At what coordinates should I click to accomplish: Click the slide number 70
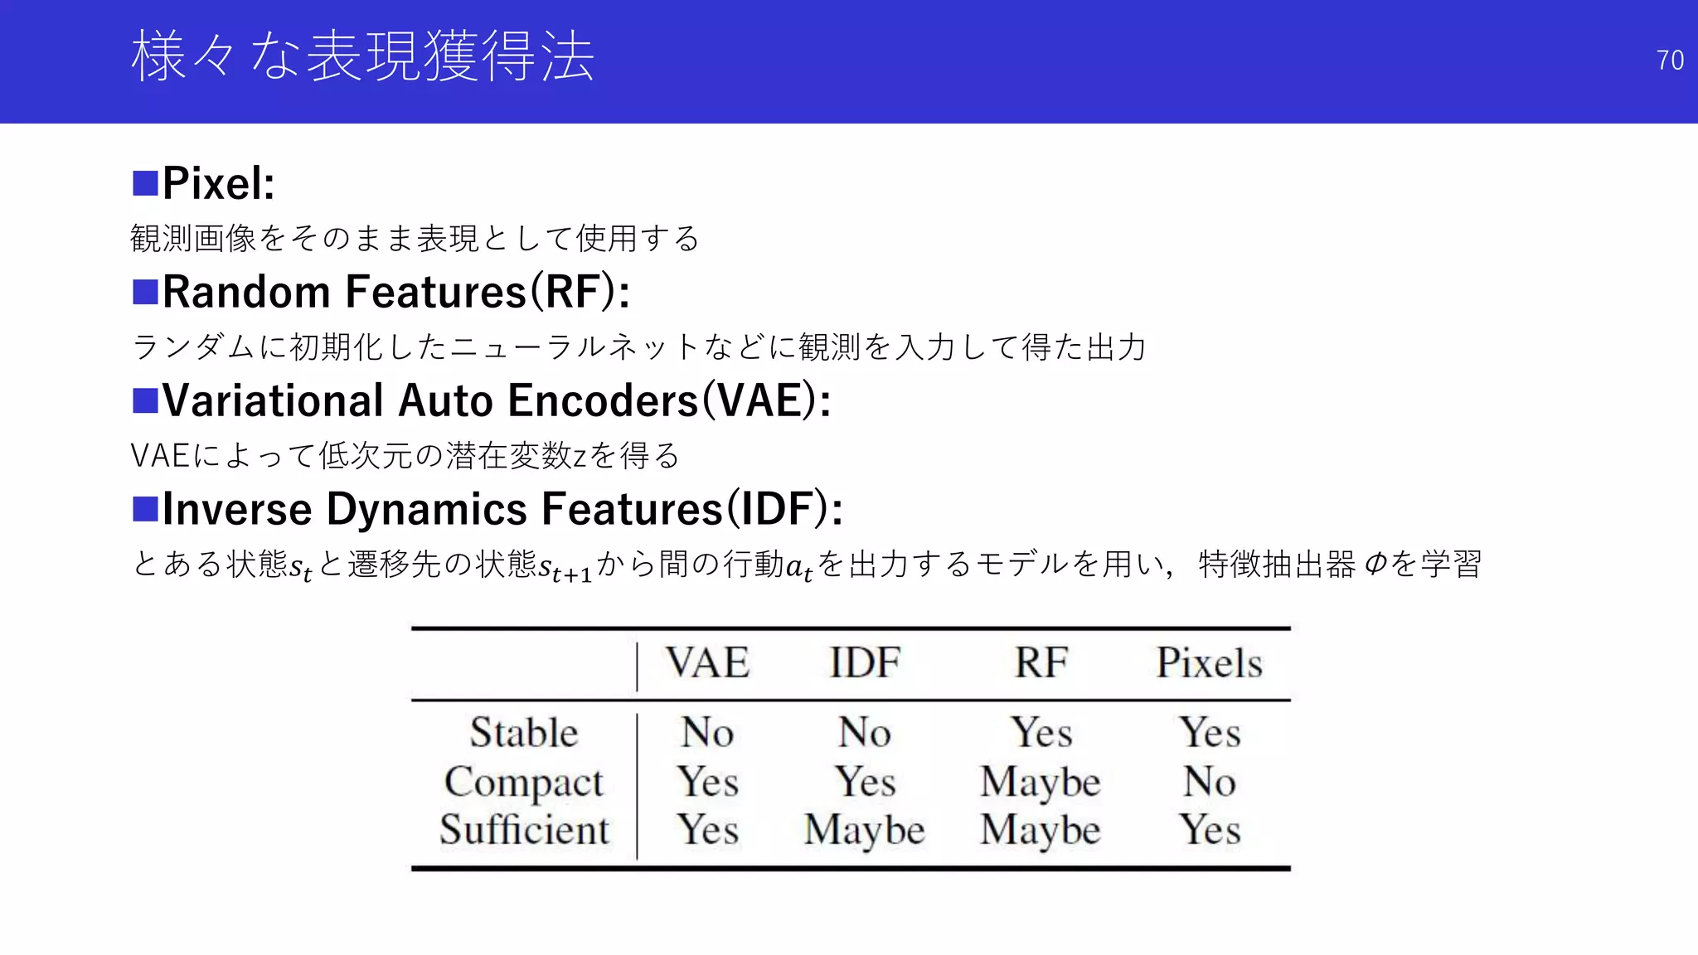[x=1669, y=61]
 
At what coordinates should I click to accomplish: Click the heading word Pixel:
[x=218, y=183]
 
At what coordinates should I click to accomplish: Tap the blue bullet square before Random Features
[x=145, y=292]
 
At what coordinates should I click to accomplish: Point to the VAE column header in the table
[x=707, y=663]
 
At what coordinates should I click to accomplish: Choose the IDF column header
[x=864, y=663]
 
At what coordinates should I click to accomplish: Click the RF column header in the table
[x=1041, y=663]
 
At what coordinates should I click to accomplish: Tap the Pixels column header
[x=1209, y=663]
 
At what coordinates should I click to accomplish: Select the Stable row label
[x=523, y=733]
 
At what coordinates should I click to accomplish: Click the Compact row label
[x=523, y=782]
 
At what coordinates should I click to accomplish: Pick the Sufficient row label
[x=523, y=830]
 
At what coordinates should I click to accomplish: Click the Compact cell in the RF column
[x=1041, y=782]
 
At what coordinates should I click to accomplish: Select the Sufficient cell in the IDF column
[x=864, y=830]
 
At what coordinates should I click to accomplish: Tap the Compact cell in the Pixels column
[x=1209, y=782]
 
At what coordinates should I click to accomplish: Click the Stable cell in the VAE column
[x=707, y=733]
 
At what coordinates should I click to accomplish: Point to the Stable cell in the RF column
[x=1041, y=733]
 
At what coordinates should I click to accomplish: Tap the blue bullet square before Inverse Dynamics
[x=145, y=509]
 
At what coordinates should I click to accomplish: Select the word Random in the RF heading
[x=246, y=292]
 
